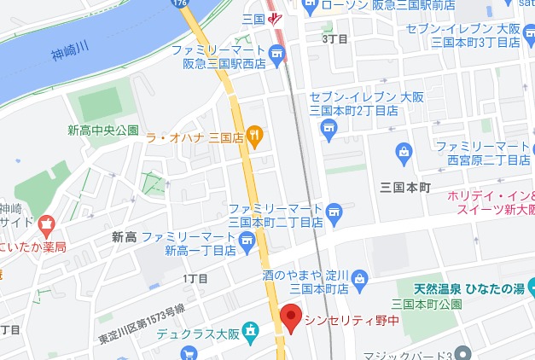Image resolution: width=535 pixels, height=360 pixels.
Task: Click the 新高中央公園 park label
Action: [103, 131]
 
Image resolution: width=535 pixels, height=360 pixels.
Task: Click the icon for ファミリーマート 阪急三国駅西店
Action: [276, 56]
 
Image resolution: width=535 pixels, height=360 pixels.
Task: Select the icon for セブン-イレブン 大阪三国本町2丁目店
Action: [328, 128]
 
